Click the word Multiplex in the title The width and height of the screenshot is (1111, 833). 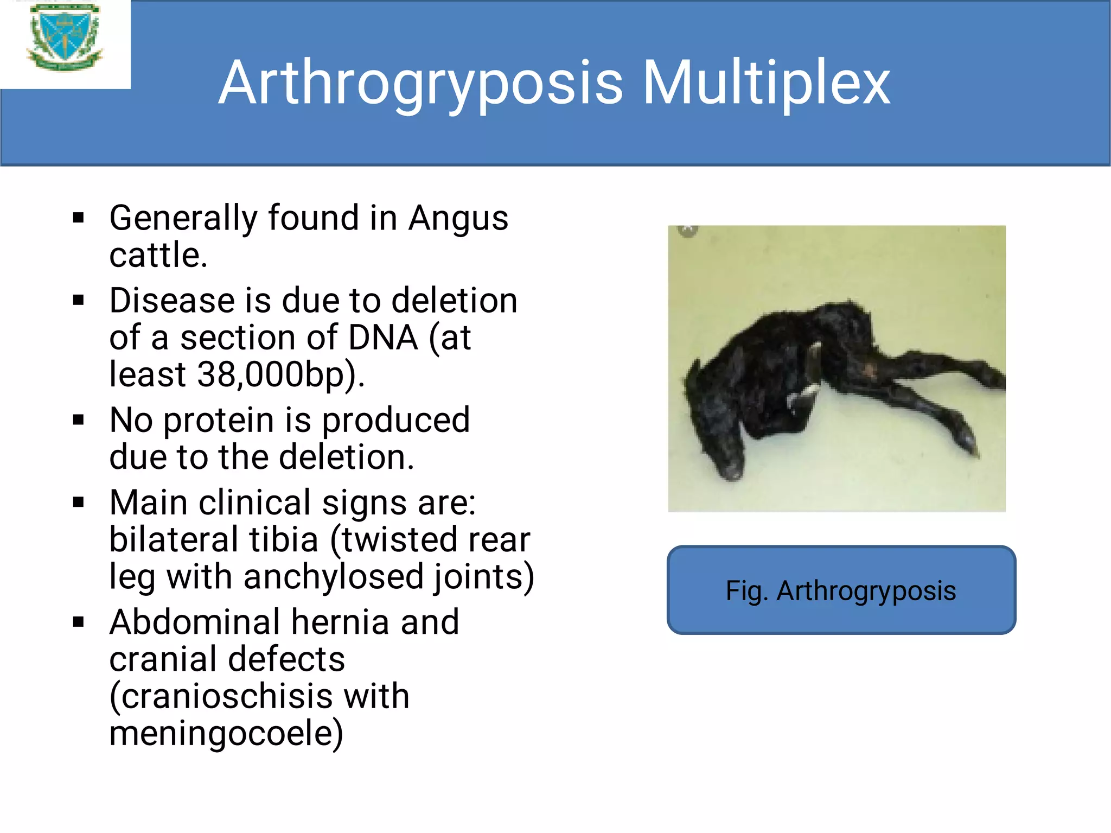click(766, 83)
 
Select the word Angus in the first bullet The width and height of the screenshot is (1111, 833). click(458, 219)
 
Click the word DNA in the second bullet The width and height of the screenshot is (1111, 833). click(383, 338)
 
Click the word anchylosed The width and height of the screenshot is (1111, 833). click(333, 576)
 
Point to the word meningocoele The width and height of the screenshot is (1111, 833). click(226, 733)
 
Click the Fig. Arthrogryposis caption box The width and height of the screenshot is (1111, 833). click(841, 590)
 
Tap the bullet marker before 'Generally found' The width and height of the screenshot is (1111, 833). click(79, 218)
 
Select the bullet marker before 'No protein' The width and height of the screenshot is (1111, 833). click(79, 420)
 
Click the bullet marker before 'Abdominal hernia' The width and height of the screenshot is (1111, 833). click(79, 622)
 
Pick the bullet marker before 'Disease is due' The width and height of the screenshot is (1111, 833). click(79, 300)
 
